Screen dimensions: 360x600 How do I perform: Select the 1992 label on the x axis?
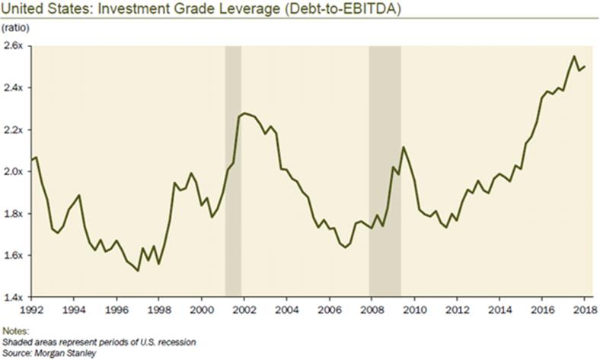pyautogui.click(x=31, y=311)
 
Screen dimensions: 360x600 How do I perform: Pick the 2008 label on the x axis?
pyautogui.click(x=371, y=311)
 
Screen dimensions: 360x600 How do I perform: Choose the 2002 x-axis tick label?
pyautogui.click(x=243, y=311)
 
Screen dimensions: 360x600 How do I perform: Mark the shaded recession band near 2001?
pyautogui.click(x=233, y=171)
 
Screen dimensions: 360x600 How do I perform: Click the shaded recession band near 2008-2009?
pyautogui.click(x=385, y=171)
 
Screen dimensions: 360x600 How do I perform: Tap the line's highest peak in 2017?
pyautogui.click(x=574, y=56)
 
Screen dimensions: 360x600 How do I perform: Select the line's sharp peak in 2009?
pyautogui.click(x=404, y=147)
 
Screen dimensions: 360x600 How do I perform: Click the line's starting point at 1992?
pyautogui.click(x=31, y=159)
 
